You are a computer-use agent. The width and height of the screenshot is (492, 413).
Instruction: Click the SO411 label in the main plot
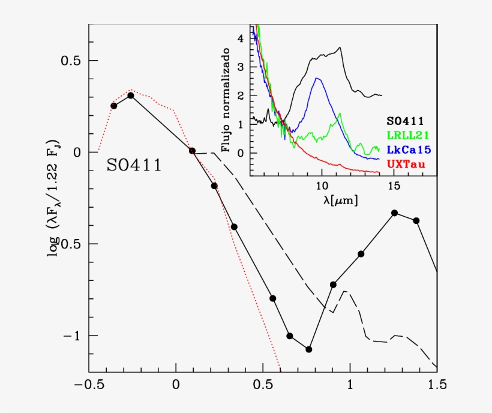tap(134, 166)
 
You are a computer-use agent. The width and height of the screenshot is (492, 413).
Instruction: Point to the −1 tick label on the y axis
tap(71, 336)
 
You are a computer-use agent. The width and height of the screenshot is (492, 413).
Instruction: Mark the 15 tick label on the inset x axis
tap(394, 187)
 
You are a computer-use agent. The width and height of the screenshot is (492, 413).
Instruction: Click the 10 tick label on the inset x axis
tap(322, 187)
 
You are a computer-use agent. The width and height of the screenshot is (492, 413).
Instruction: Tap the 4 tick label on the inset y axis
tap(241, 38)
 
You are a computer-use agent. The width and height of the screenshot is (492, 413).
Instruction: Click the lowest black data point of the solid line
tap(309, 349)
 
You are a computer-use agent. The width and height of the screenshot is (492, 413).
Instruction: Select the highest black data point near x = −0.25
tap(130, 95)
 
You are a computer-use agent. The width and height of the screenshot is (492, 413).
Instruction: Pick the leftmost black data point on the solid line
tap(113, 106)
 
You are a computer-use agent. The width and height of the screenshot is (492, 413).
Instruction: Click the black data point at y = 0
tap(192, 151)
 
